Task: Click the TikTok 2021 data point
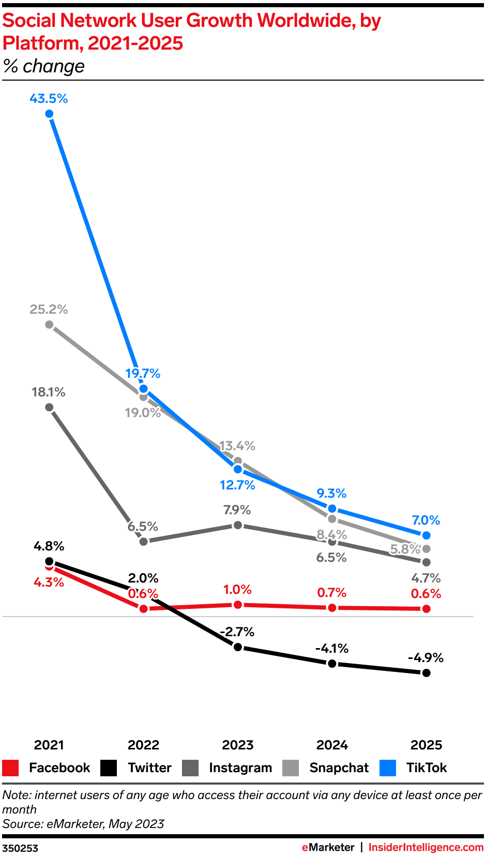coord(49,114)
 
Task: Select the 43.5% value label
coord(49,99)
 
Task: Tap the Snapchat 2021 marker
coord(49,325)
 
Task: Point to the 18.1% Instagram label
coord(49,392)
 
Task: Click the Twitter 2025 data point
coord(426,673)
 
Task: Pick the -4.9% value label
coord(426,658)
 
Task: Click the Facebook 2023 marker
coord(238,605)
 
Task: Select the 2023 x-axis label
coord(238,745)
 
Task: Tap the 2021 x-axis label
coord(49,745)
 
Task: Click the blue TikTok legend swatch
coord(388,768)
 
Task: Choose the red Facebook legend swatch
coord(10,768)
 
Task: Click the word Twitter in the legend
coord(149,768)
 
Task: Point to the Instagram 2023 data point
coord(238,525)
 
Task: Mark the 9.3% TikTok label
coord(331,494)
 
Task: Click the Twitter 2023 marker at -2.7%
coord(238,647)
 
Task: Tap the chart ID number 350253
coord(20,848)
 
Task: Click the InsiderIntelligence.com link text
coord(426,848)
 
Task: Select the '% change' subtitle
coord(44,67)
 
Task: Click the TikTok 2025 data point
coord(426,535)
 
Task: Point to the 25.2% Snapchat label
coord(49,310)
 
